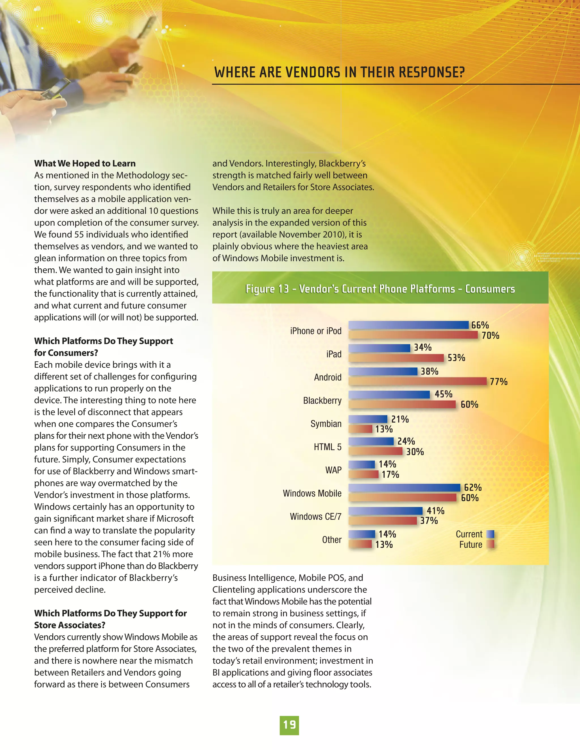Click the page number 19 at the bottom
tap(289, 725)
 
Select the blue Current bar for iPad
tap(379, 348)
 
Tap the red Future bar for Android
tap(417, 381)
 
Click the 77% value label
tap(498, 382)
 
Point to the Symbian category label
tap(326, 424)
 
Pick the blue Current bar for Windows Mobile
tap(404, 488)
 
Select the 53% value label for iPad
tap(456, 358)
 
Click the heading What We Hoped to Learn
tap(85, 164)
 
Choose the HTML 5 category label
tap(327, 447)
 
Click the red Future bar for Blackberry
tap(402, 404)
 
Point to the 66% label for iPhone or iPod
tap(480, 325)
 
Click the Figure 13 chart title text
tap(380, 289)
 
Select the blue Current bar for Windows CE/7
tap(385, 511)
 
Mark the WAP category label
tap(333, 470)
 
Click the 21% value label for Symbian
tap(400, 419)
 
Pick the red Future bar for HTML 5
tap(375, 451)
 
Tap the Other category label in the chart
tap(332, 540)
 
